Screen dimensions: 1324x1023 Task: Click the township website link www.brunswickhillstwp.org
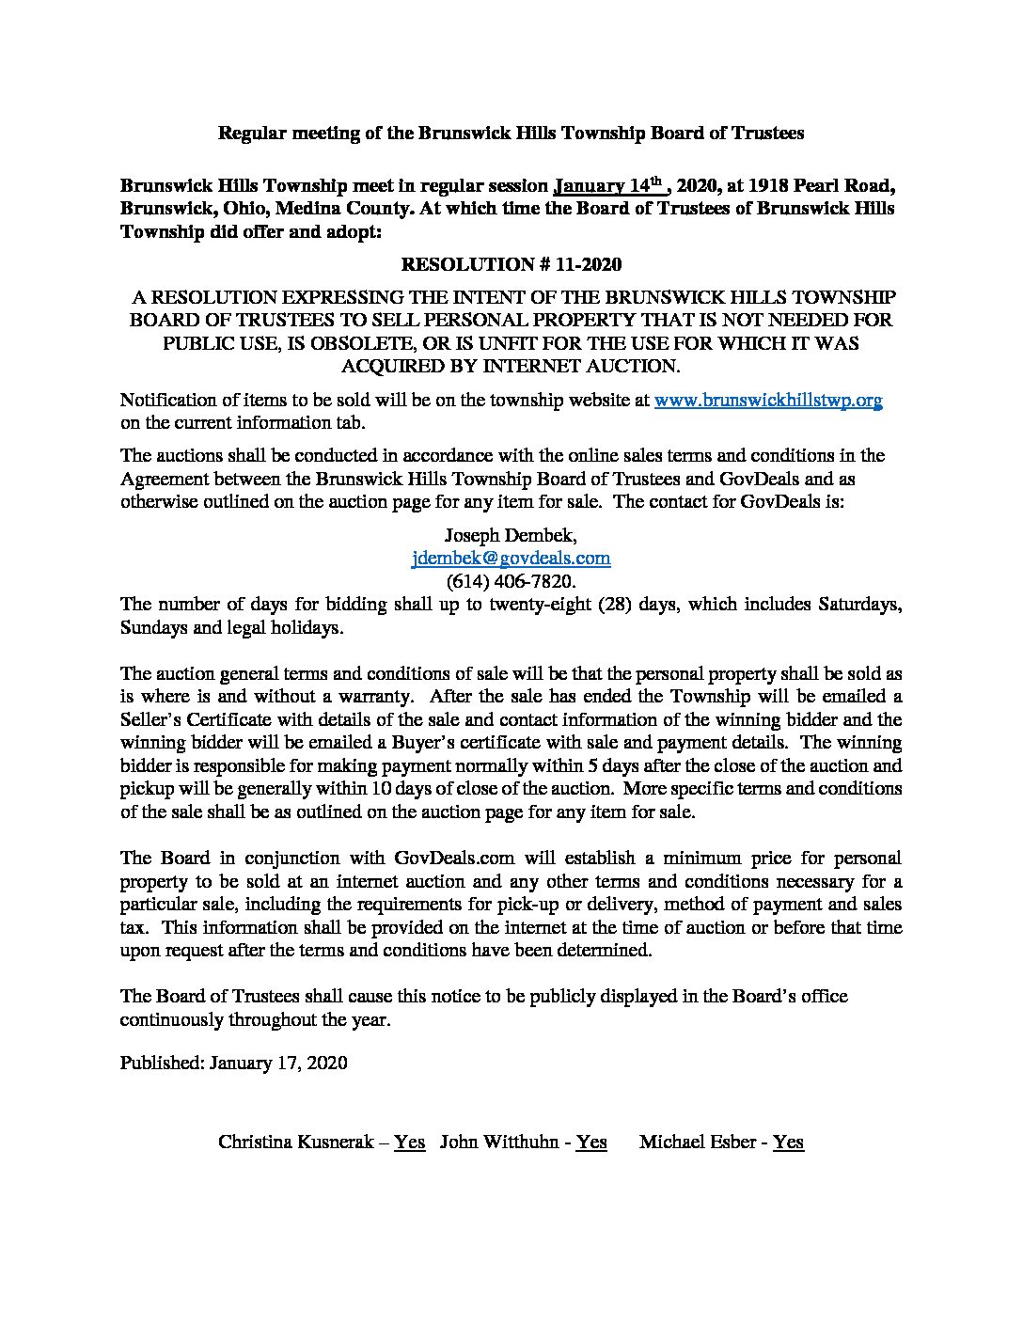[767, 400]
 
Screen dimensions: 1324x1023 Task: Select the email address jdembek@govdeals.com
[511, 558]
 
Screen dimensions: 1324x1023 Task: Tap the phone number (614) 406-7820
[511, 581]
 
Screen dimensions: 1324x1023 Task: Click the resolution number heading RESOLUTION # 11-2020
[511, 265]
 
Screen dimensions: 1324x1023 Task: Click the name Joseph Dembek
[511, 535]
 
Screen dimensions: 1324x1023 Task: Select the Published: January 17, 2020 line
[234, 1063]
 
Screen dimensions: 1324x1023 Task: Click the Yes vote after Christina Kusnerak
[409, 1142]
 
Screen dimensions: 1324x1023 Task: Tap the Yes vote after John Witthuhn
[591, 1142]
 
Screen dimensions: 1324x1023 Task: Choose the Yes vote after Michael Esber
[788, 1142]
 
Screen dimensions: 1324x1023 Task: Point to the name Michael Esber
[700, 1142]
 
